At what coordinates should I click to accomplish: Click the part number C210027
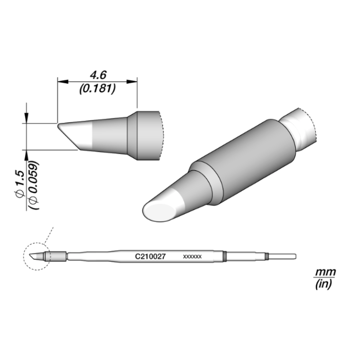tap(150, 256)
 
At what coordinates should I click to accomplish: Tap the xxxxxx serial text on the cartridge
tap(192, 256)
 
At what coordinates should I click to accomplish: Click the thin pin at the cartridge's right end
tap(282, 256)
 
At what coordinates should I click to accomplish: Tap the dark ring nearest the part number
tap(225, 256)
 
